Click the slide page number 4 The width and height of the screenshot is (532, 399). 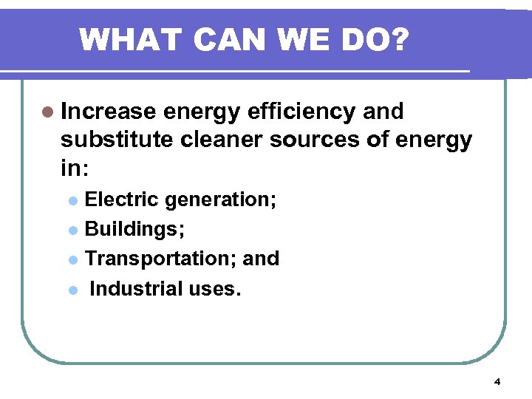tap(497, 382)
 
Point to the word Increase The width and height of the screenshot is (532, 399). tap(109, 112)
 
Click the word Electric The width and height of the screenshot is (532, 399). tap(122, 199)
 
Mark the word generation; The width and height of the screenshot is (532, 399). tap(221, 200)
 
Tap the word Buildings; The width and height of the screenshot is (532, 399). tap(135, 229)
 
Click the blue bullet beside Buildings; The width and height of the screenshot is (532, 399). tap(72, 231)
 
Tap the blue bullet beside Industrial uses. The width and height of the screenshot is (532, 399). tap(72, 290)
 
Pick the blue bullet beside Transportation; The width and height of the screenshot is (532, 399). tap(72, 260)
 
